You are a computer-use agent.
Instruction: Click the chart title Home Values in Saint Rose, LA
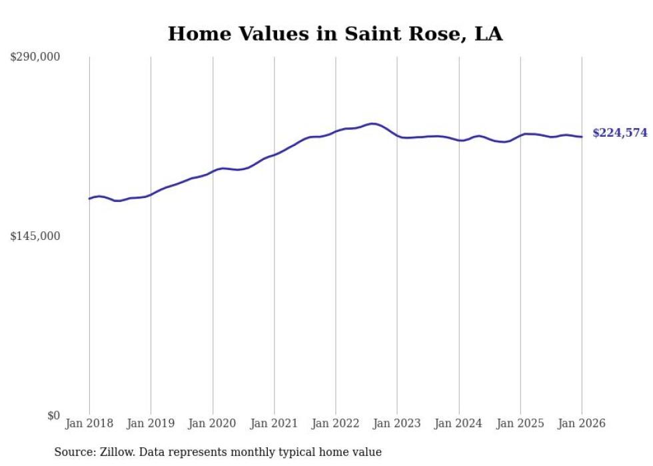pyautogui.click(x=335, y=33)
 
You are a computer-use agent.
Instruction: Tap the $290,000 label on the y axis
pyautogui.click(x=35, y=57)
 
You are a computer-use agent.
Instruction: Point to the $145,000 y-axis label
pyautogui.click(x=35, y=236)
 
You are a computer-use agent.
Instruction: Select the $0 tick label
pyautogui.click(x=53, y=415)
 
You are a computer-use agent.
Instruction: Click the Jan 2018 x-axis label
pyautogui.click(x=89, y=423)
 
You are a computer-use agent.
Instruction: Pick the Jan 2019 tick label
pyautogui.click(x=151, y=423)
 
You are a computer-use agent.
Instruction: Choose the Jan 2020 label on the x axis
pyautogui.click(x=213, y=423)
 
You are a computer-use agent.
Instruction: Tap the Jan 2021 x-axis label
pyautogui.click(x=274, y=423)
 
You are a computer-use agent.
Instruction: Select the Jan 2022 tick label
pyautogui.click(x=336, y=423)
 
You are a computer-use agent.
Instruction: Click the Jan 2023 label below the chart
pyautogui.click(x=397, y=423)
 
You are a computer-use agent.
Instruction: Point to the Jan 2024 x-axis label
pyautogui.click(x=459, y=423)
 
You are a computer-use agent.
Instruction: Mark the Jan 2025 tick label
pyautogui.click(x=520, y=423)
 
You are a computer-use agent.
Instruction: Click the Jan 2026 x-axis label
pyautogui.click(x=582, y=423)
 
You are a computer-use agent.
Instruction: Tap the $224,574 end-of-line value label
pyautogui.click(x=620, y=133)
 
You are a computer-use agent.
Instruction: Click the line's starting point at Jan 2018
pyautogui.click(x=89, y=199)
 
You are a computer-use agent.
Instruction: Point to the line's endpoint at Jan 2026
pyautogui.click(x=582, y=137)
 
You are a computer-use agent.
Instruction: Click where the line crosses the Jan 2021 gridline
pyautogui.click(x=274, y=155)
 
